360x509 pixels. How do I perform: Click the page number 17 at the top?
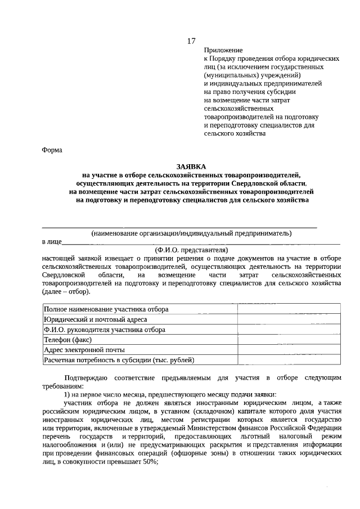pyautogui.click(x=191, y=40)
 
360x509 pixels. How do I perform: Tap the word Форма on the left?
pyautogui.click(x=53, y=150)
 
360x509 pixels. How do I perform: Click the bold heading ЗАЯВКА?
pyautogui.click(x=191, y=166)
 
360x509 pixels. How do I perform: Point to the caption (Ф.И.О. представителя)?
pyautogui.click(x=191, y=249)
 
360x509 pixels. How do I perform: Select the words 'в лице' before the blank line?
pyautogui.click(x=51, y=241)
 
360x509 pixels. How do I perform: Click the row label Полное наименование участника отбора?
pyautogui.click(x=106, y=309)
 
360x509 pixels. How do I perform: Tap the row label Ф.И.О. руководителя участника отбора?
pyautogui.click(x=105, y=330)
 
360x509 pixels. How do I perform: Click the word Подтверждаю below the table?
pyautogui.click(x=86, y=377)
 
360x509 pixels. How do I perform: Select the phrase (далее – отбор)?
pyautogui.click(x=66, y=291)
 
